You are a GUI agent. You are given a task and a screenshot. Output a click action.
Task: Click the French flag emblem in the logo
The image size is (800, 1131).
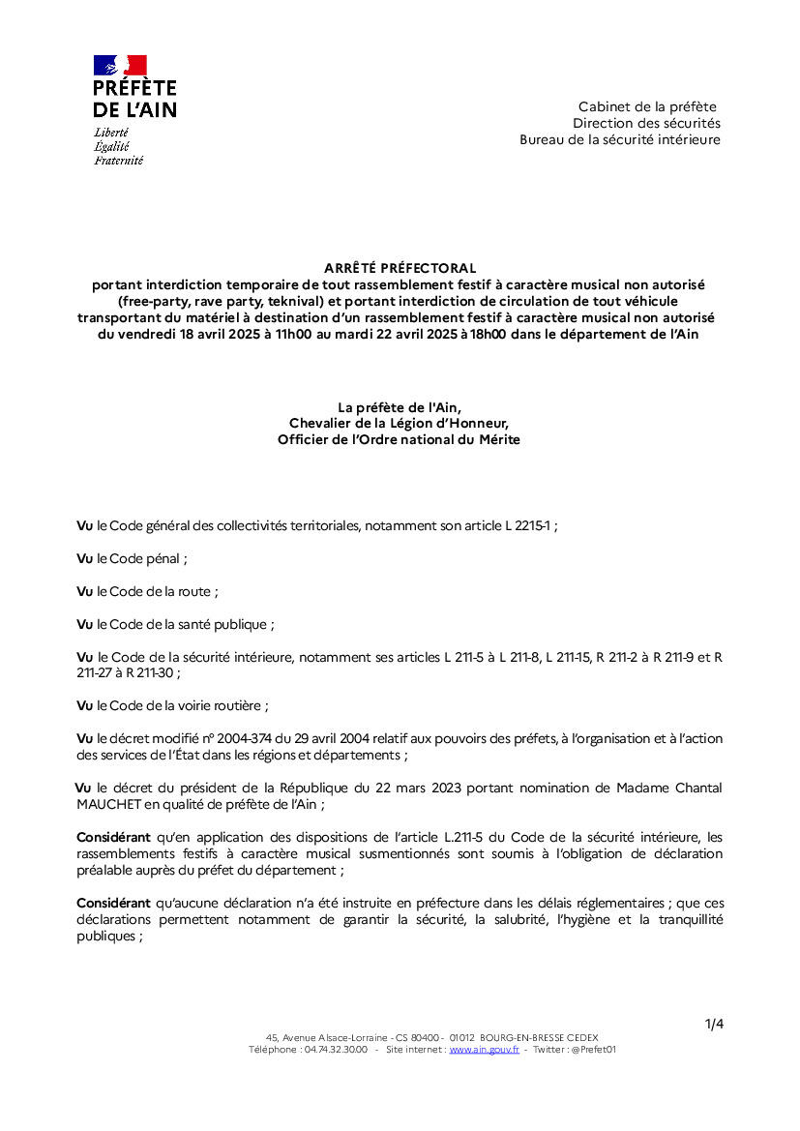(x=120, y=66)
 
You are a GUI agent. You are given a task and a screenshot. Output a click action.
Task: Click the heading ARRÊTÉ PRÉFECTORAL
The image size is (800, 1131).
(x=400, y=268)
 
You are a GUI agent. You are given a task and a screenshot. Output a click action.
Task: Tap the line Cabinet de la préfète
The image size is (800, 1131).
(x=647, y=106)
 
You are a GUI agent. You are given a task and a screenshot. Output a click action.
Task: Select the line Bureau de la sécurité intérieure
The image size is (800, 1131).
(x=619, y=139)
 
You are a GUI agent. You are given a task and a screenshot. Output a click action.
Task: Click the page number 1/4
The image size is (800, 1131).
(x=714, y=1024)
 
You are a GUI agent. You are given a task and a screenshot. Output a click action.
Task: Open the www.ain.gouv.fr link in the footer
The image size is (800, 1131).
(x=484, y=1049)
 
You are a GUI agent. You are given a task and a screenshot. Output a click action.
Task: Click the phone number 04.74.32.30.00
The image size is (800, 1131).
(x=336, y=1049)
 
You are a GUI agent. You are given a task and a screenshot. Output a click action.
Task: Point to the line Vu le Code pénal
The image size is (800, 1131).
(x=132, y=558)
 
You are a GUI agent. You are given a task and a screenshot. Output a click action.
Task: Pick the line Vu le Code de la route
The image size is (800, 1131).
(x=147, y=591)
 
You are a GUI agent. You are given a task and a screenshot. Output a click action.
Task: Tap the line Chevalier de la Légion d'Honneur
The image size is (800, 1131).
(x=399, y=423)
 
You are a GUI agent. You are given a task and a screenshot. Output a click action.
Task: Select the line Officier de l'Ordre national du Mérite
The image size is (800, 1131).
(x=399, y=439)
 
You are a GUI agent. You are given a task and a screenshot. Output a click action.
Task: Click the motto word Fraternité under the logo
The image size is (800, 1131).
(x=118, y=161)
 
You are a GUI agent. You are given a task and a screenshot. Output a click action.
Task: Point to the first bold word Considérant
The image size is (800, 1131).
(x=113, y=836)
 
